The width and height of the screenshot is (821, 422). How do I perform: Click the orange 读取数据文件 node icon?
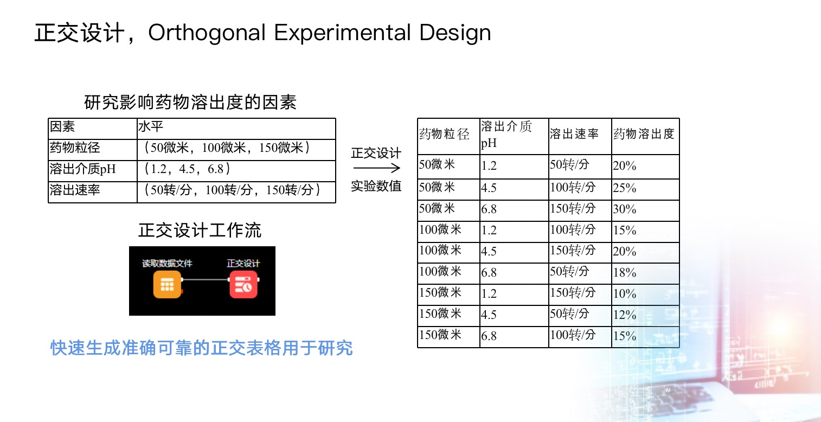167,284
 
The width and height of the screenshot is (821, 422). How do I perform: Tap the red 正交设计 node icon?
243,284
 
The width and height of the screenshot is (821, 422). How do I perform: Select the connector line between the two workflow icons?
205,280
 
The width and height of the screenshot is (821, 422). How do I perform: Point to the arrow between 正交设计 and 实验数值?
376,168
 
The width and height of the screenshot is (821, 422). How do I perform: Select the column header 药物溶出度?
644,134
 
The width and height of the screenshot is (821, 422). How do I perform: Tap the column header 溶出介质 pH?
506,135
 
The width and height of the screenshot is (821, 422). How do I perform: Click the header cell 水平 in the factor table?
151,126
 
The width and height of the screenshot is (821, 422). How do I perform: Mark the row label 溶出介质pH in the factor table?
83,169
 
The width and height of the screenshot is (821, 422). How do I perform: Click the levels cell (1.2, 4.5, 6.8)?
187,169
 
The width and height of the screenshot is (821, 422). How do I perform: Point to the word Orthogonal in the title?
207,33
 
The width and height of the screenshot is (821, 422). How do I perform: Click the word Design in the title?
455,33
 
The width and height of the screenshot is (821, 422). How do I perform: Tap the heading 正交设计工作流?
200,230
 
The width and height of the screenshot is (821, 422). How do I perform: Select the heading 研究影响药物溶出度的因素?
190,102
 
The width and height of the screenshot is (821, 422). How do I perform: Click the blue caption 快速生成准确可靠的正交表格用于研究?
202,348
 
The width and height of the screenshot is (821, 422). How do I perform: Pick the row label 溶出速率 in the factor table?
75,190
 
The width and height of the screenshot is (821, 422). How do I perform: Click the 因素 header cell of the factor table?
62,126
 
